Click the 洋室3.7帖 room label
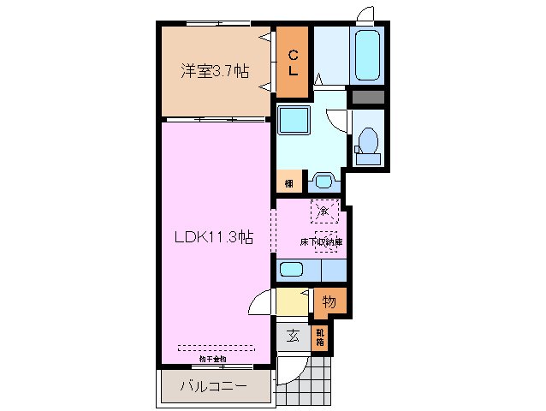coord(214,72)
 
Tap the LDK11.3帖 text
coord(214,237)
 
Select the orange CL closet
coord(292,63)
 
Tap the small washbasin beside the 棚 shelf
coord(323,182)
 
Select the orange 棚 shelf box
coord(289,182)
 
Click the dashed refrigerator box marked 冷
coord(324,210)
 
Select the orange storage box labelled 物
coord(329,301)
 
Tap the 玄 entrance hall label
coord(292,336)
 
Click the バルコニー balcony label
coord(214,387)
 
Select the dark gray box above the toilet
coord(369,97)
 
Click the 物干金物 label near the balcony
coord(214,359)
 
